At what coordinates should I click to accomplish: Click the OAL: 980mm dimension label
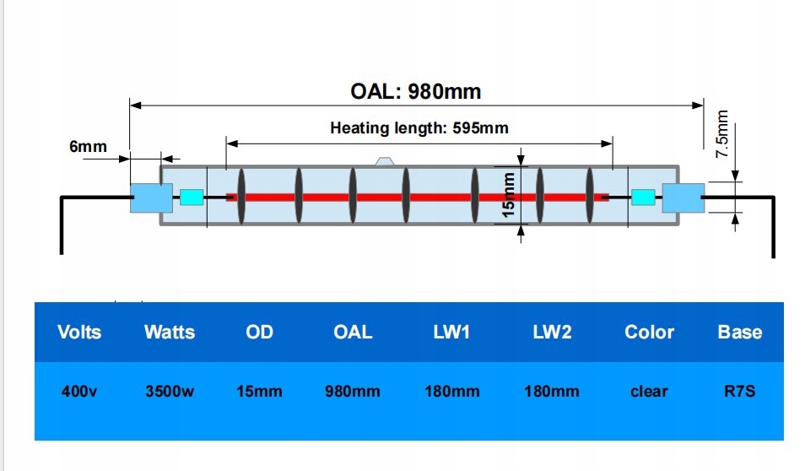click(x=415, y=90)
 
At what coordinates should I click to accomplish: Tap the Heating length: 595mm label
click(x=419, y=128)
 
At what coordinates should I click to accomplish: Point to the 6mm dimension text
click(x=88, y=147)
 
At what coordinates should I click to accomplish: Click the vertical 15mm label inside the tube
click(x=508, y=196)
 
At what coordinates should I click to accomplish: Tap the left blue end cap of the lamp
click(x=145, y=198)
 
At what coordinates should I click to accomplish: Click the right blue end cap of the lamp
click(x=683, y=198)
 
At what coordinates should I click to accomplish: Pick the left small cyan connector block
click(x=192, y=198)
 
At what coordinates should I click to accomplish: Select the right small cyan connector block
click(x=644, y=198)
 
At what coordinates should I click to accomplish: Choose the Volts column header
click(x=79, y=333)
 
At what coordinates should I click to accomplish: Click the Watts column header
click(x=169, y=333)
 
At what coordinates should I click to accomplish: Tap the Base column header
click(x=739, y=333)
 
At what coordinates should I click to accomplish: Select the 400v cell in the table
click(x=80, y=392)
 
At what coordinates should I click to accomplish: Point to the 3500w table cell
click(x=170, y=392)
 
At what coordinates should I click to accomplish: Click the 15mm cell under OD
click(x=259, y=392)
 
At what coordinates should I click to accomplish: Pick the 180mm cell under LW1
click(x=451, y=392)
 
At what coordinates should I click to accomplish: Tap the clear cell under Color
click(x=649, y=392)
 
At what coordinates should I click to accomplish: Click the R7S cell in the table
click(x=740, y=392)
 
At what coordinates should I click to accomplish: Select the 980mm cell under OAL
click(x=353, y=392)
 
